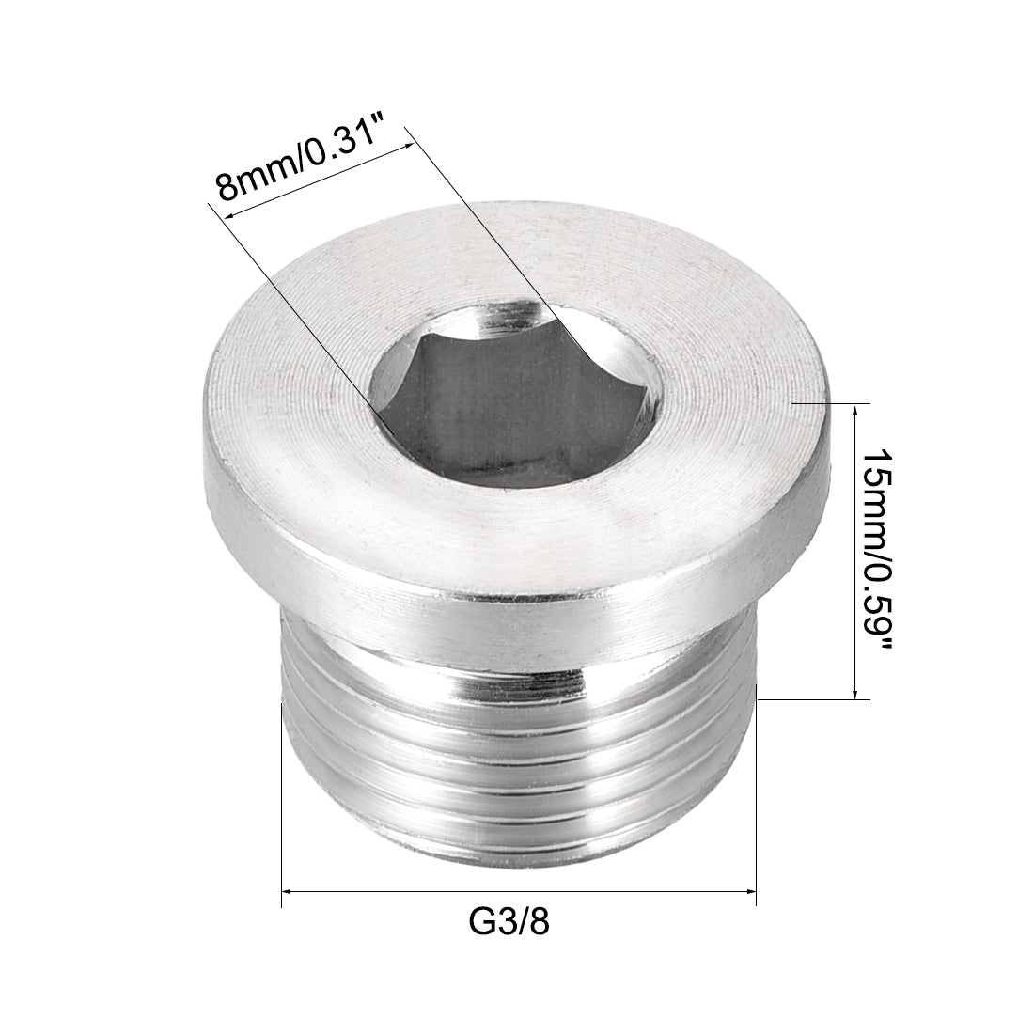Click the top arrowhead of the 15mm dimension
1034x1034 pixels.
854,411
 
